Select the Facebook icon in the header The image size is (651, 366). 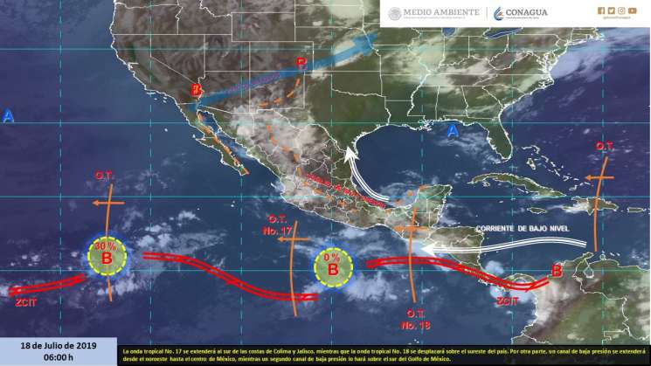[600, 10]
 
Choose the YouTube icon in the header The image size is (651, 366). [632, 10]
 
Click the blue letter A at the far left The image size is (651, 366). [9, 116]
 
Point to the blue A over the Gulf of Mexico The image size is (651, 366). [452, 131]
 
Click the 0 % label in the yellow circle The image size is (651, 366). [331, 259]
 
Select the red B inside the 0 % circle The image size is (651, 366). [333, 271]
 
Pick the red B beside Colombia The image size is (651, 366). [557, 271]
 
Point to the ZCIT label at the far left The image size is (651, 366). [25, 302]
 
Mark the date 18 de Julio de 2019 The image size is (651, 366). [58, 346]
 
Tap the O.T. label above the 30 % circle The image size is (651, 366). [104, 176]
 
